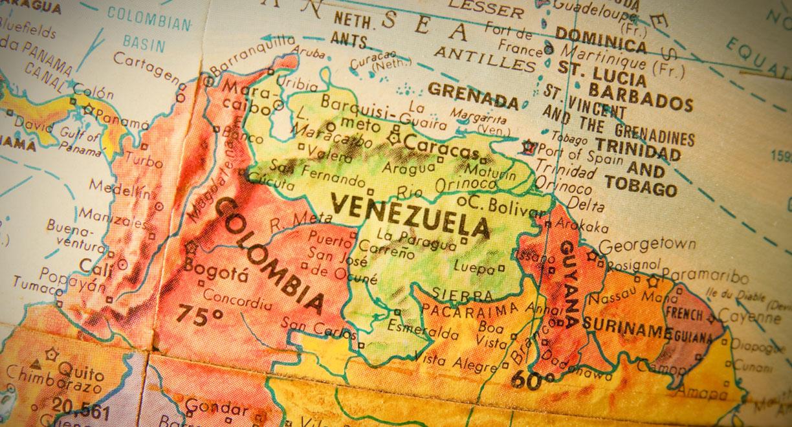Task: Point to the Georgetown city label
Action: coord(646,245)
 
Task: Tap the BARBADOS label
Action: coord(640,96)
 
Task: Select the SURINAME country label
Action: coord(626,327)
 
